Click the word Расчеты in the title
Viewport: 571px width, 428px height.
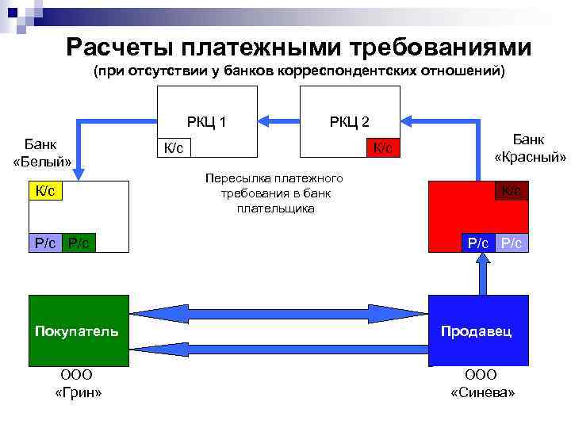118,48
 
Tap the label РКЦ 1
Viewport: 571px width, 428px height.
206,121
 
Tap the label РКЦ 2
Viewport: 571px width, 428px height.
349,121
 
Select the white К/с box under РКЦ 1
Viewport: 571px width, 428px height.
174,148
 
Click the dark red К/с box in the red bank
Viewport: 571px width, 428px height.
512,190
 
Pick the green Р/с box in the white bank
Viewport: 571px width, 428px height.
79,243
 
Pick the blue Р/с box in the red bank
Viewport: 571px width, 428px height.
478,243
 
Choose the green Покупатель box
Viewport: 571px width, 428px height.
77,331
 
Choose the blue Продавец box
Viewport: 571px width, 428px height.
477,331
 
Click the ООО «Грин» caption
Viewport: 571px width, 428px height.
77,384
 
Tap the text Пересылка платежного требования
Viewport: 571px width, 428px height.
273,193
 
